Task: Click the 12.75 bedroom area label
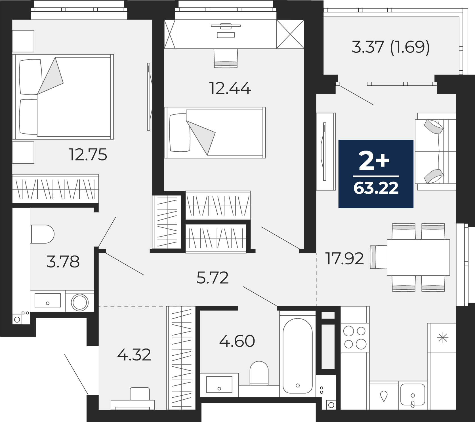click(x=88, y=155)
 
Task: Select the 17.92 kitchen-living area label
click(x=345, y=259)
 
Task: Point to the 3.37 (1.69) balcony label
click(x=390, y=47)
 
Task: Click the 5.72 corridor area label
click(x=213, y=278)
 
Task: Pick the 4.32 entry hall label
click(x=134, y=355)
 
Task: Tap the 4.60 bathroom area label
click(x=237, y=341)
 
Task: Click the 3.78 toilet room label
click(x=63, y=262)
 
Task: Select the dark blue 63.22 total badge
click(x=376, y=174)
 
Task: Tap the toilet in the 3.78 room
click(x=42, y=234)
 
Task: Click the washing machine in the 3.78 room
click(x=80, y=301)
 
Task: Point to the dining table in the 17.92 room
click(x=419, y=257)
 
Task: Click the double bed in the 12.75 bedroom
click(x=63, y=97)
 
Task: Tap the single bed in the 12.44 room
click(x=215, y=132)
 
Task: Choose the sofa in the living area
click(x=436, y=151)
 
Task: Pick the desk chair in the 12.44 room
click(x=226, y=58)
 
